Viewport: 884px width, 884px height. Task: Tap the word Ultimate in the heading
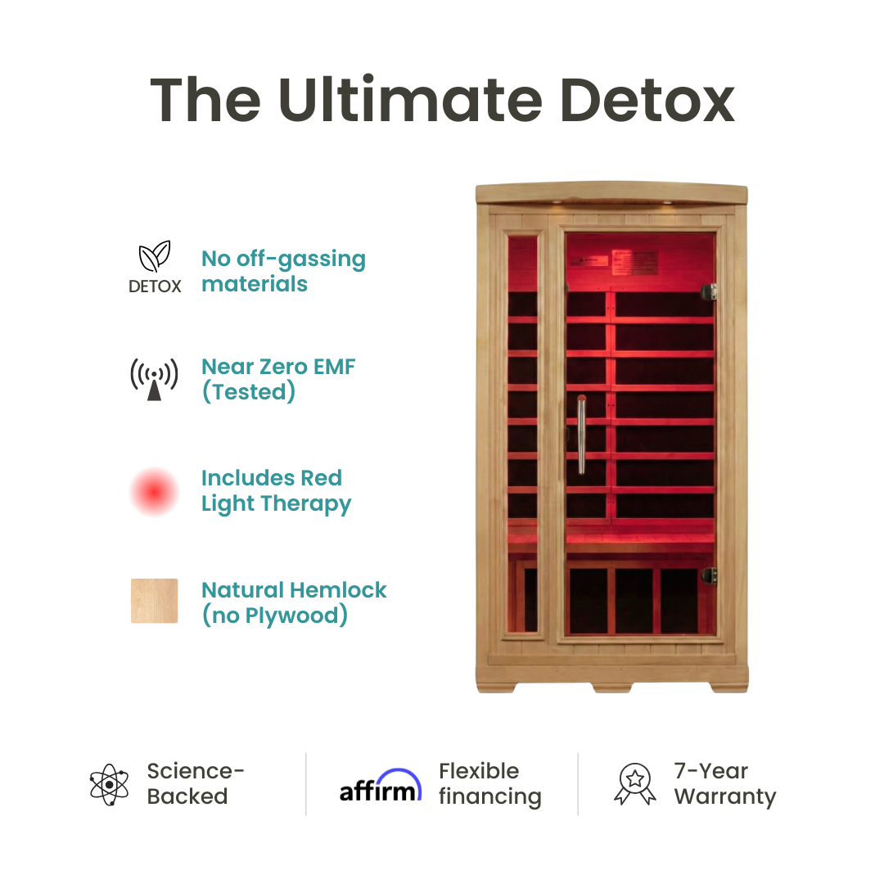pos(408,101)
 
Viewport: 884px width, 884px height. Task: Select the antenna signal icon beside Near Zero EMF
pos(154,379)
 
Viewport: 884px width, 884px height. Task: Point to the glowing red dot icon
pos(154,491)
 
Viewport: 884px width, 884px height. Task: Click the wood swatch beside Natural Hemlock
pos(154,602)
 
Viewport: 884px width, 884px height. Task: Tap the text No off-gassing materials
pos(283,271)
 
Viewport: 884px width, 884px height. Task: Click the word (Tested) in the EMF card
pos(248,392)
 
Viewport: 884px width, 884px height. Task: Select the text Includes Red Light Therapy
pos(276,491)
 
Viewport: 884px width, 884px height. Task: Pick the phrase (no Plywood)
pos(274,616)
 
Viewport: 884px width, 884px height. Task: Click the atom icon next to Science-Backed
pos(110,784)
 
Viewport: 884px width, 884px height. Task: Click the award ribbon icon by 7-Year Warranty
pos(634,784)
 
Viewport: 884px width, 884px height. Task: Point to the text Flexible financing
pos(489,784)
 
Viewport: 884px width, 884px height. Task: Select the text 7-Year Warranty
pos(724,784)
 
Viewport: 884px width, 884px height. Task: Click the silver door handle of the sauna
pos(580,435)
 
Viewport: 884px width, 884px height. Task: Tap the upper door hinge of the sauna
pos(709,291)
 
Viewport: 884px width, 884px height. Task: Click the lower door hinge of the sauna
pos(709,575)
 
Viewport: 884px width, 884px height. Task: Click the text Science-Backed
pos(196,784)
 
